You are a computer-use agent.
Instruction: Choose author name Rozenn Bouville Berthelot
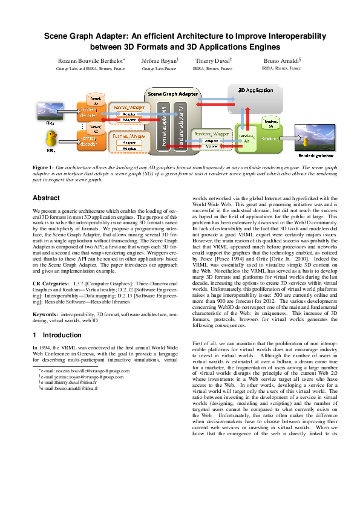click(92, 62)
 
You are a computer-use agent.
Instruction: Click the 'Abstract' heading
click(46, 198)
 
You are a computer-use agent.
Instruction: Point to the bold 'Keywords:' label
click(45, 314)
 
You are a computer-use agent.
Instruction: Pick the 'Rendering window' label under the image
click(315, 155)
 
